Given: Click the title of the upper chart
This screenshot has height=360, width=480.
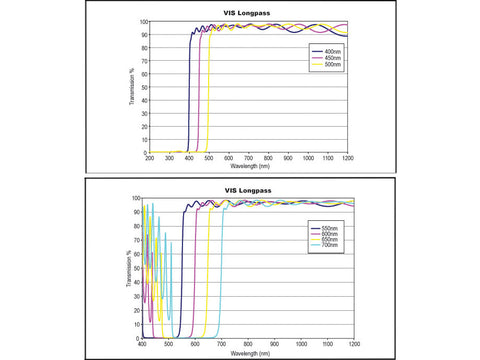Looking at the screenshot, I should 247,13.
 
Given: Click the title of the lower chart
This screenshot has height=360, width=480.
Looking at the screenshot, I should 247,190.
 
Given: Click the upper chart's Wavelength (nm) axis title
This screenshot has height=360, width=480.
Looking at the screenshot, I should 247,166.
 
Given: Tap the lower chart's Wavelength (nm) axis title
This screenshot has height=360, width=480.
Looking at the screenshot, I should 247,352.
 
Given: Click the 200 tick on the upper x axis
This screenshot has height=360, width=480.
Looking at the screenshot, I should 150,158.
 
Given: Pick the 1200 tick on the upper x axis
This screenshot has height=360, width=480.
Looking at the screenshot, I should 347,158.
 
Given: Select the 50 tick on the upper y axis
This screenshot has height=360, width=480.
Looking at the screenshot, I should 143,87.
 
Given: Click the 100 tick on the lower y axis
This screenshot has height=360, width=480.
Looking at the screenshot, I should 137,198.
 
